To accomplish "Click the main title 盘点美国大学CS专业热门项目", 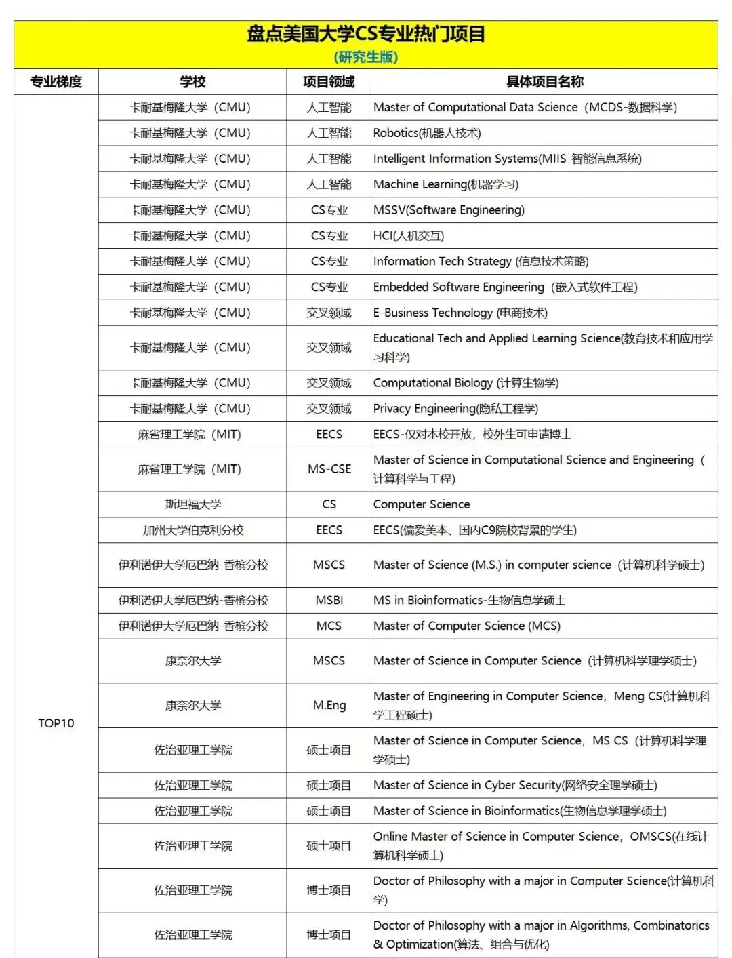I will pos(365,34).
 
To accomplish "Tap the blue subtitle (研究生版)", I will pos(365,57).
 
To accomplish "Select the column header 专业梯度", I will pos(56,82).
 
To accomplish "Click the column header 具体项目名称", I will pos(544,82).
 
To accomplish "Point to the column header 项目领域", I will pos(329,82).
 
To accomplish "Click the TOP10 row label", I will pos(56,723).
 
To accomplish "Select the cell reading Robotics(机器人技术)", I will pos(427,133).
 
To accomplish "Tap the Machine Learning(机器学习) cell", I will pos(445,184).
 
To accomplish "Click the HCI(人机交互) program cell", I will pos(409,236).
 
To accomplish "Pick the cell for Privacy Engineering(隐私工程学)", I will pos(455,409).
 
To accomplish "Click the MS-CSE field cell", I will pos(329,469).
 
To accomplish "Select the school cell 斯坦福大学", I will pos(193,504).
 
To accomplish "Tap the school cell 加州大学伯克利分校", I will pos(193,530).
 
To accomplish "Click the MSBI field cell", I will pos(329,600).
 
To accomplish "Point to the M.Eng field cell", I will pos(329,705).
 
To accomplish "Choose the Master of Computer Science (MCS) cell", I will pos(467,626).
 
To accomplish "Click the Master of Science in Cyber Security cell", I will pos(515,785).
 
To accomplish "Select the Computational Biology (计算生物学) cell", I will pos(466,383).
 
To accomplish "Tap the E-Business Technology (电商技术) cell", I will pos(460,313).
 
